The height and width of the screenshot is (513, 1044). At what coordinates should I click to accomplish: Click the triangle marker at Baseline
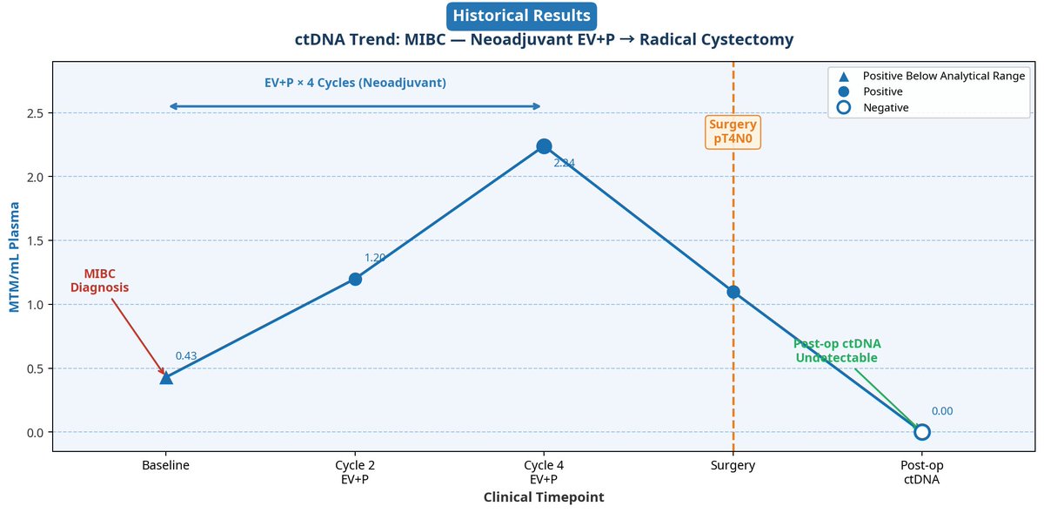pyautogui.click(x=166, y=378)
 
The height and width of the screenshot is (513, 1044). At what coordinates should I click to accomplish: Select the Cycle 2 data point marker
pyautogui.click(x=355, y=279)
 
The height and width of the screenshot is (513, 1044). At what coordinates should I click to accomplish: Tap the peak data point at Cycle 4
pyautogui.click(x=544, y=146)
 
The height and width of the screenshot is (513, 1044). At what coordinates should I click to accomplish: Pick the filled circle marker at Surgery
pyautogui.click(x=733, y=292)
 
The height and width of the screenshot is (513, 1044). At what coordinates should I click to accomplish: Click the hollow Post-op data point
pyautogui.click(x=922, y=432)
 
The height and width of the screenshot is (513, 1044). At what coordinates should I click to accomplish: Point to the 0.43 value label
pyautogui.click(x=186, y=356)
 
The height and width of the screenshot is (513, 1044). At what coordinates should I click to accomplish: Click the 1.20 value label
pyautogui.click(x=375, y=258)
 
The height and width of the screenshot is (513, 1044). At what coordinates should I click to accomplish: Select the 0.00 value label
pyautogui.click(x=942, y=411)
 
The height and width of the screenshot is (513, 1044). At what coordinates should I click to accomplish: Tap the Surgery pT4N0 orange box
pyautogui.click(x=733, y=132)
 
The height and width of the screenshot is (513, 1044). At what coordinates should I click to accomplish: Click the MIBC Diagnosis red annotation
pyautogui.click(x=99, y=280)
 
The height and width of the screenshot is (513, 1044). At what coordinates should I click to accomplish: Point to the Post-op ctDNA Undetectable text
pyautogui.click(x=837, y=350)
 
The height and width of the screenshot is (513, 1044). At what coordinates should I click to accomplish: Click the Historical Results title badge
pyautogui.click(x=521, y=16)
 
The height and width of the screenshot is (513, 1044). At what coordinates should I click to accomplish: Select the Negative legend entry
pyautogui.click(x=873, y=108)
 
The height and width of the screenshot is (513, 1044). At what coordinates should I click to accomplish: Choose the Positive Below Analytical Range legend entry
pyautogui.click(x=931, y=76)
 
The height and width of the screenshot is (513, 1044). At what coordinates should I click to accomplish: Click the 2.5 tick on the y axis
pyautogui.click(x=35, y=113)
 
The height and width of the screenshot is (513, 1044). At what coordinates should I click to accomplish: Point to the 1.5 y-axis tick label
pyautogui.click(x=35, y=241)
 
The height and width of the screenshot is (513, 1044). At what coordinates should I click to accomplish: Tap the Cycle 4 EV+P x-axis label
pyautogui.click(x=544, y=472)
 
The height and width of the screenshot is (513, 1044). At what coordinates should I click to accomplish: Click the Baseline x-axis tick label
pyautogui.click(x=165, y=465)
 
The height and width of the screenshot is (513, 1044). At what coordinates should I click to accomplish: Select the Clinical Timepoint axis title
pyautogui.click(x=544, y=497)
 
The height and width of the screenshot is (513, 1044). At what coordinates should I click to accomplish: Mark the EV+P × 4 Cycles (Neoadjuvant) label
pyautogui.click(x=355, y=83)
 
